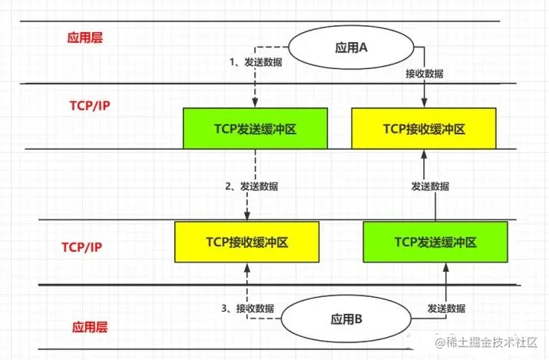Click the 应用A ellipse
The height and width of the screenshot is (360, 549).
click(x=352, y=48)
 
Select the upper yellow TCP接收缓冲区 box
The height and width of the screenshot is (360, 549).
click(x=424, y=129)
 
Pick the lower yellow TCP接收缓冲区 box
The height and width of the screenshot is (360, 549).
click(x=246, y=241)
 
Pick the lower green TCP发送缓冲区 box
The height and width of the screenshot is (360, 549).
click(x=435, y=241)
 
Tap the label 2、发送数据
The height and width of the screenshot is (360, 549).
click(x=251, y=187)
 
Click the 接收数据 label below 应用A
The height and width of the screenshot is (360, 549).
click(x=424, y=74)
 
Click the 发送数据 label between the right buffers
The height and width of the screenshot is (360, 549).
click(x=430, y=187)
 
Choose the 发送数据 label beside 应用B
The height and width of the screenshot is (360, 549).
click(x=445, y=308)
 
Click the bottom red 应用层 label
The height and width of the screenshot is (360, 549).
click(x=91, y=326)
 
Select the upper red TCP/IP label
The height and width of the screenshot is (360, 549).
click(x=84, y=106)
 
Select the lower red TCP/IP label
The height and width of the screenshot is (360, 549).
click(x=81, y=247)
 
